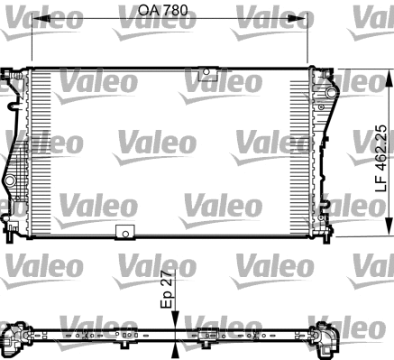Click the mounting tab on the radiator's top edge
click(x=209, y=73)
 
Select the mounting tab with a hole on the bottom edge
click(x=123, y=233)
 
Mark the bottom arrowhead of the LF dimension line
click(x=389, y=231)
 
